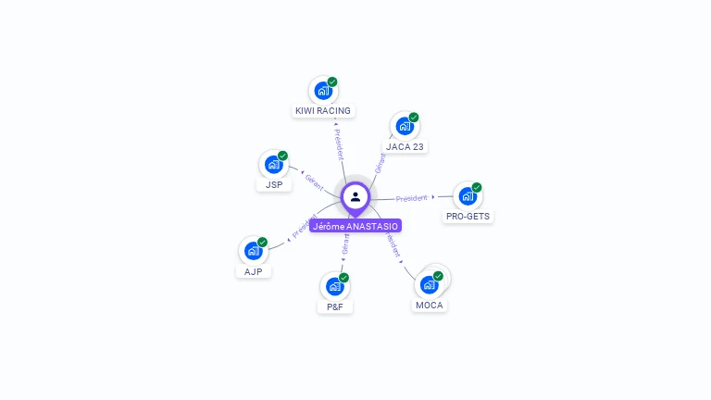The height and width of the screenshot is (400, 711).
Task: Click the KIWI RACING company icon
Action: coord(323,91)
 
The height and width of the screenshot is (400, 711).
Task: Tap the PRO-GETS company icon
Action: coord(468,196)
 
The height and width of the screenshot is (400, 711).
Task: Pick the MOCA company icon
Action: coord(429,284)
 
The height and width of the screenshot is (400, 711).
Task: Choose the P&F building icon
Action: coord(334,286)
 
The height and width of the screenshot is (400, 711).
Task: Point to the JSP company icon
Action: coord(273,164)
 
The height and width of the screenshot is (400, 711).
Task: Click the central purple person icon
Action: coord(355,196)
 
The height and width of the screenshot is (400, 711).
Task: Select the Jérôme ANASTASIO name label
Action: coord(355,226)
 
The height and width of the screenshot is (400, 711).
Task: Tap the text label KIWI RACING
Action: coord(323,111)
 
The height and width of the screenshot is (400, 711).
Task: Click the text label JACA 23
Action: coord(405,146)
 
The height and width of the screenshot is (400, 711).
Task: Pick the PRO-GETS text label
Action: coord(468,217)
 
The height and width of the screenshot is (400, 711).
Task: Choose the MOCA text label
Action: coord(430,306)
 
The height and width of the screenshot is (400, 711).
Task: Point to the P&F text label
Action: coord(335,306)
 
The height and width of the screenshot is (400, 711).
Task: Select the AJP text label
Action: coord(254,271)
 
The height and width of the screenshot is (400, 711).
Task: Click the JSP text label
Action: coord(274,184)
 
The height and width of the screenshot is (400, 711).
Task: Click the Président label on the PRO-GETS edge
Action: coord(412,198)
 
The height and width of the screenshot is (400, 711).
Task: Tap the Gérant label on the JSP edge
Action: coord(314,179)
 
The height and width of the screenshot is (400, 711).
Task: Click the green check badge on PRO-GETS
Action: coord(477,187)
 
